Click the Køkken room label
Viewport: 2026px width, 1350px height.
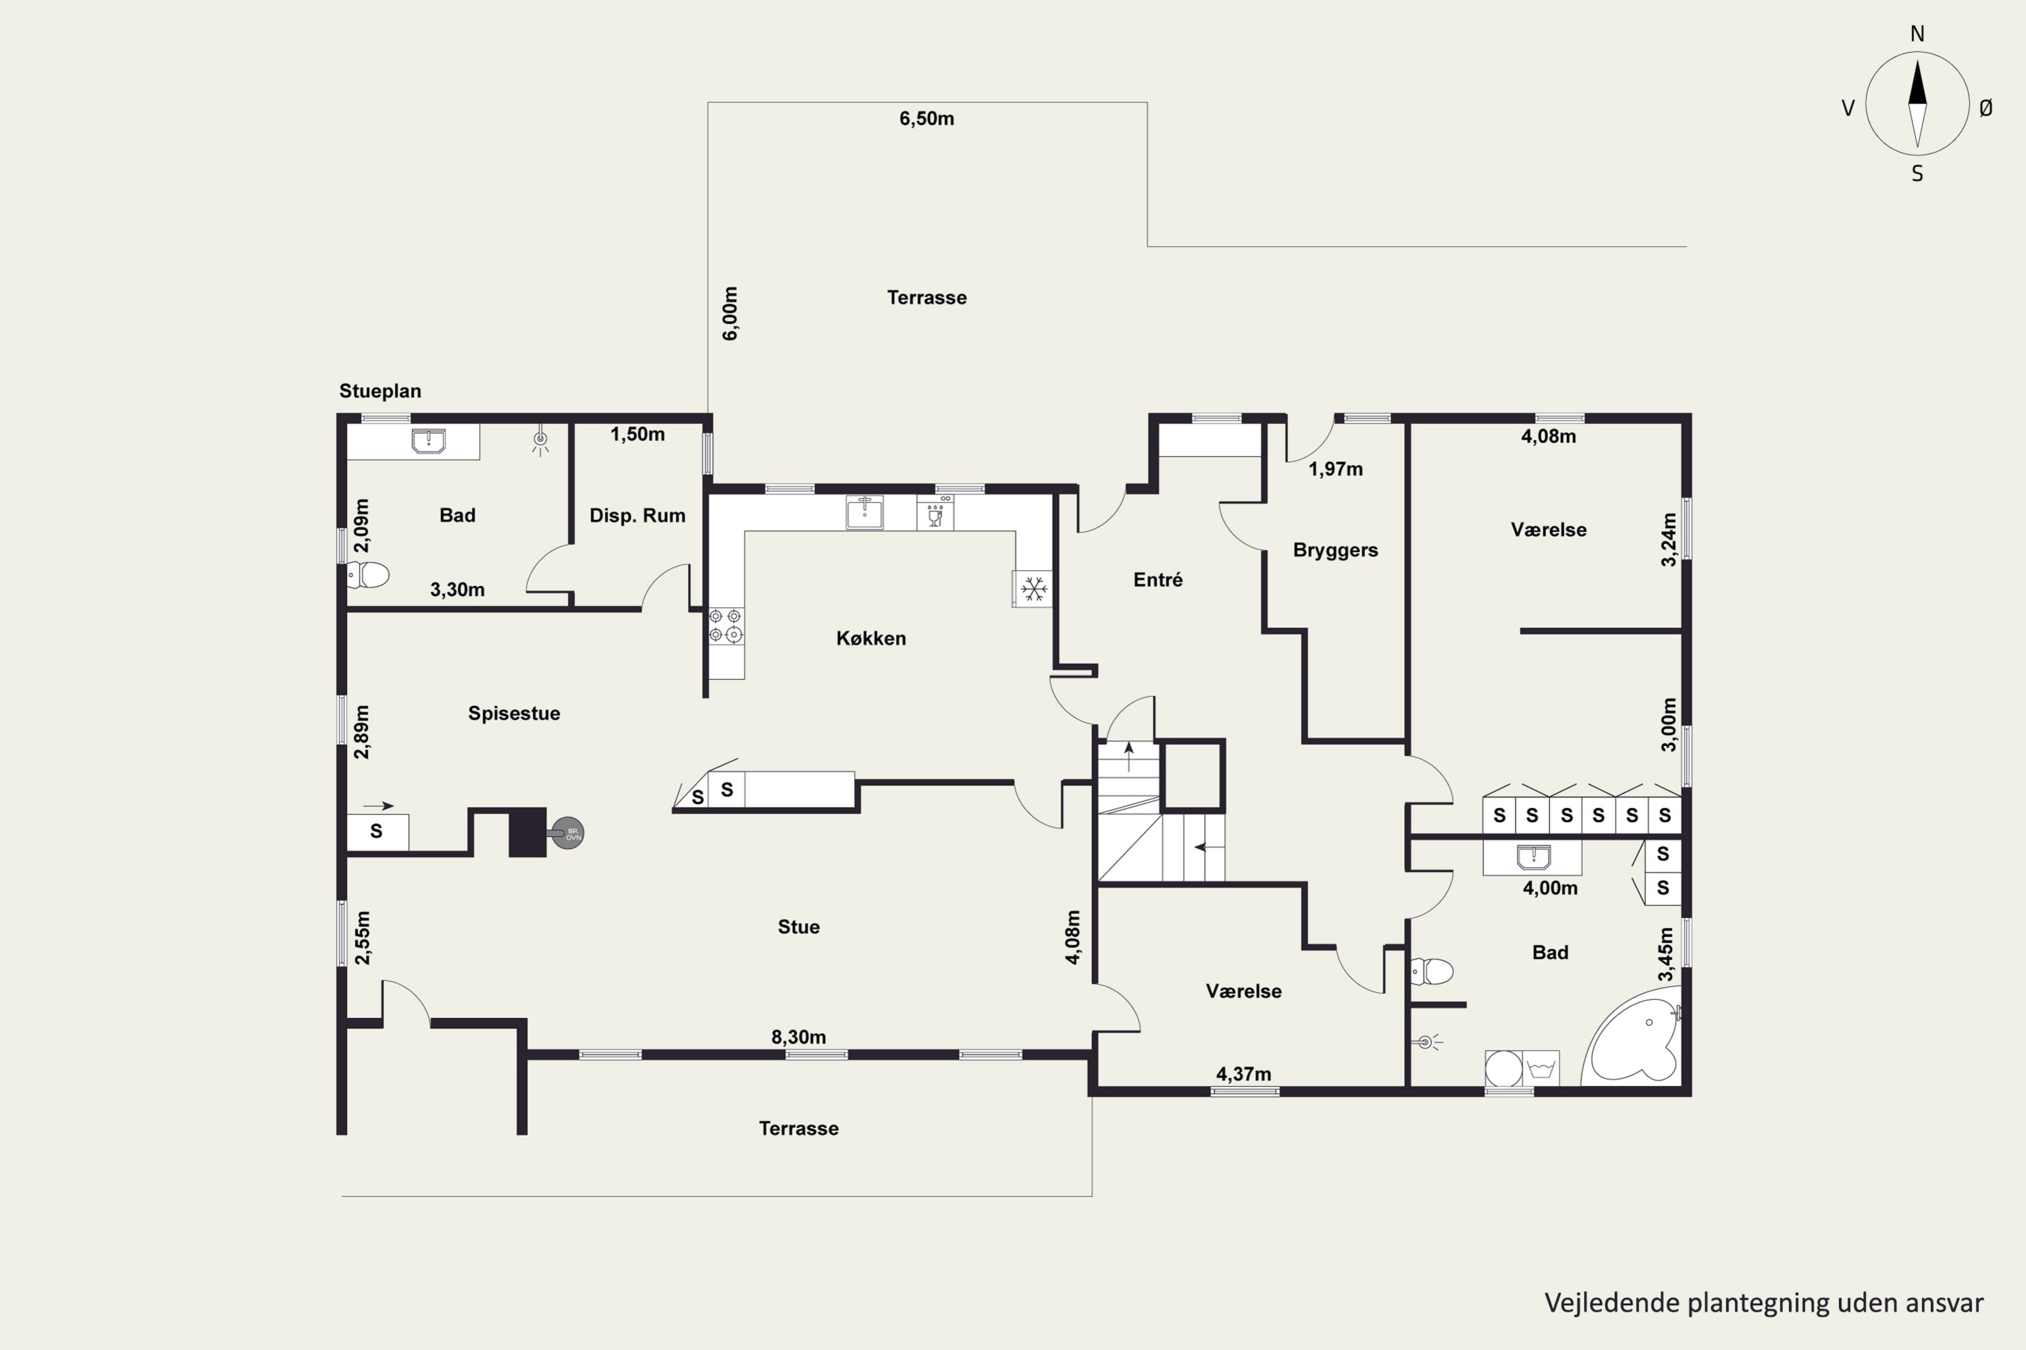pos(871,638)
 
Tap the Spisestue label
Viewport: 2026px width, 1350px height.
pos(514,713)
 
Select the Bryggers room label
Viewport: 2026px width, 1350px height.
pos(1335,550)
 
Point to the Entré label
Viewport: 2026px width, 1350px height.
pos(1158,579)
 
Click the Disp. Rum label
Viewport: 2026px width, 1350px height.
pos(638,516)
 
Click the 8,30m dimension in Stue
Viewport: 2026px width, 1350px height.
pos(798,1037)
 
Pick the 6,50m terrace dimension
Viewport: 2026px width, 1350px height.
pos(927,119)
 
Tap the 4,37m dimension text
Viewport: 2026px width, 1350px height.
pos(1244,1074)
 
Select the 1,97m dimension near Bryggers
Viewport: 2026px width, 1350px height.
pos(1336,469)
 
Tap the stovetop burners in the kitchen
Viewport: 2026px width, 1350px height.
pos(725,626)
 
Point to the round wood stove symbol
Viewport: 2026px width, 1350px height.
pos(568,834)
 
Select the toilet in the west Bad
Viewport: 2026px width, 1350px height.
pos(368,574)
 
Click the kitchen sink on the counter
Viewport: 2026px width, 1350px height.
pos(864,512)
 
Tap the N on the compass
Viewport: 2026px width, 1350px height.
pos(1917,34)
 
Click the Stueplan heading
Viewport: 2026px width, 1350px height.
pos(380,391)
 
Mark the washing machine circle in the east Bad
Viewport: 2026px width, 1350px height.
pos(1504,1069)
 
